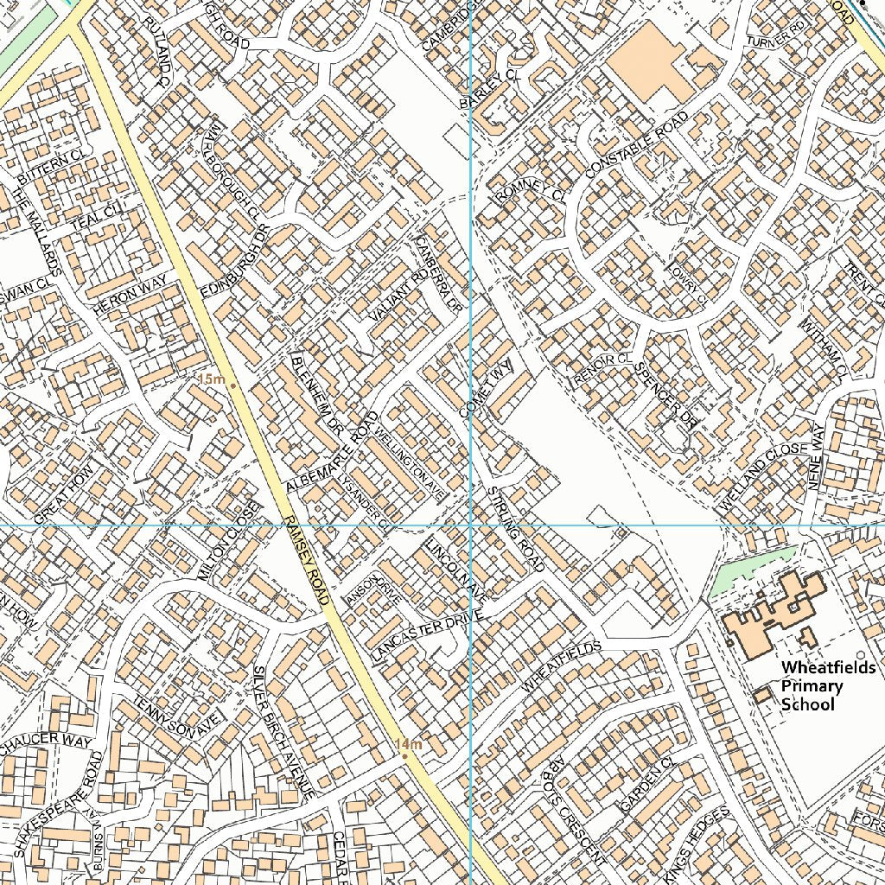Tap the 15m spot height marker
point(231,381)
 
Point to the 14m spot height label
point(408,744)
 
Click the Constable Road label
point(638,144)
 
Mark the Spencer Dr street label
point(665,394)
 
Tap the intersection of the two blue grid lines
point(470,525)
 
